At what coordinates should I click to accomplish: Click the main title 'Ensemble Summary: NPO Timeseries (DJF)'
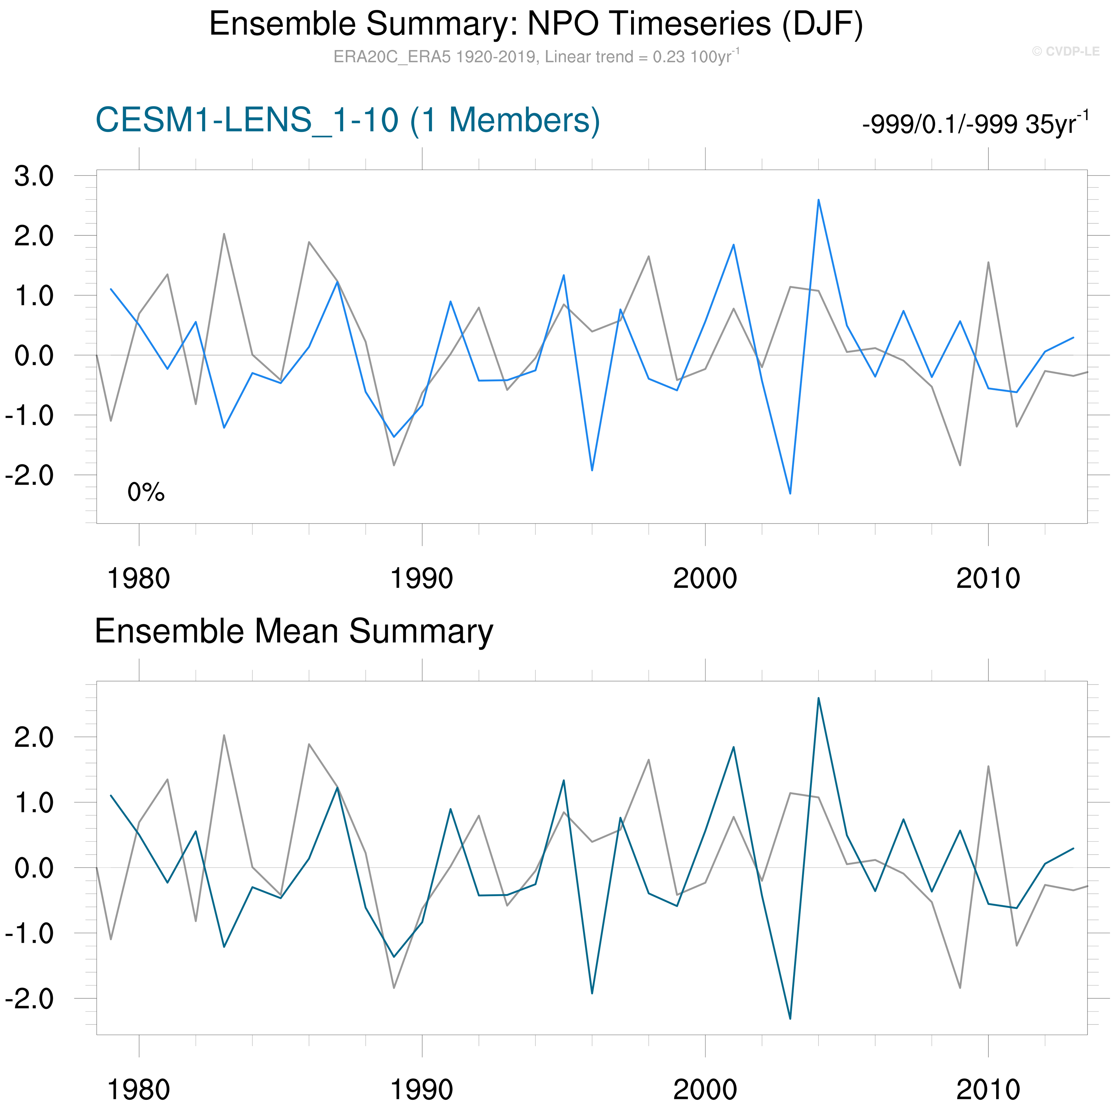(x=535, y=24)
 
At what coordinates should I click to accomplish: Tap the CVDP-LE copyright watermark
(x=1065, y=51)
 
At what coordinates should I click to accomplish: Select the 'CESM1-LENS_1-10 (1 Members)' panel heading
(x=347, y=121)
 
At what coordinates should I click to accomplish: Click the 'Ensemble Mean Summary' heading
(x=294, y=631)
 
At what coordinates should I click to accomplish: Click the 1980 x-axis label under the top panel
(x=139, y=579)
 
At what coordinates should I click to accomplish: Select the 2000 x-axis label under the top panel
(x=705, y=579)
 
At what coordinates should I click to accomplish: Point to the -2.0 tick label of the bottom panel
(x=29, y=999)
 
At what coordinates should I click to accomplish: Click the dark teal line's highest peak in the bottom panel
(x=818, y=698)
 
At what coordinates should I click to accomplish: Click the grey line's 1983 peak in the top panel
(x=224, y=234)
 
